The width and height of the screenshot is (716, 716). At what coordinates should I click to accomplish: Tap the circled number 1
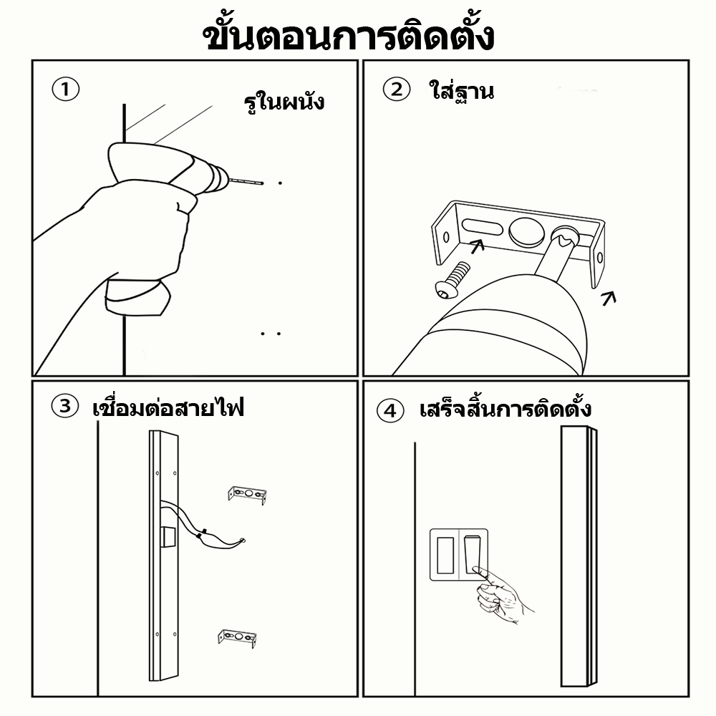click(x=66, y=89)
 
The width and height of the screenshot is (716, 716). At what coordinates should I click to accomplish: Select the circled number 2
click(x=397, y=89)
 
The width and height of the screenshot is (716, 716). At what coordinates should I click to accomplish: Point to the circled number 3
click(x=65, y=406)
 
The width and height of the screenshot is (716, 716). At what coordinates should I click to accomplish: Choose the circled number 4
click(x=390, y=410)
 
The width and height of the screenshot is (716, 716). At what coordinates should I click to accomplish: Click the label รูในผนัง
click(x=284, y=102)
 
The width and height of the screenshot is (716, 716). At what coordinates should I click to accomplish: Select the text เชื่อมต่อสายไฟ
click(x=168, y=407)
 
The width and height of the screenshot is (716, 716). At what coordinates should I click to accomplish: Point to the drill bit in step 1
click(x=246, y=181)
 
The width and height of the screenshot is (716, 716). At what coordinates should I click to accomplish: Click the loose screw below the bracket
click(x=452, y=280)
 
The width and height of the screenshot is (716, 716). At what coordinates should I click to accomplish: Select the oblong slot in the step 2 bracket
click(x=482, y=226)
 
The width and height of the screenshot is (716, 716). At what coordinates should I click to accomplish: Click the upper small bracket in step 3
click(x=247, y=495)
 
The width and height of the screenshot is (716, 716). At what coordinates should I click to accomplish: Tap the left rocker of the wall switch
click(x=445, y=556)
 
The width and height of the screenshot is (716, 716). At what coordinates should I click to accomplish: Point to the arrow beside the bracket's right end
click(x=609, y=299)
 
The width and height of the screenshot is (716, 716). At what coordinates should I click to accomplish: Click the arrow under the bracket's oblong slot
click(x=477, y=246)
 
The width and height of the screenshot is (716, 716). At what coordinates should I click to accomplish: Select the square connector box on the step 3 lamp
click(x=169, y=536)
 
